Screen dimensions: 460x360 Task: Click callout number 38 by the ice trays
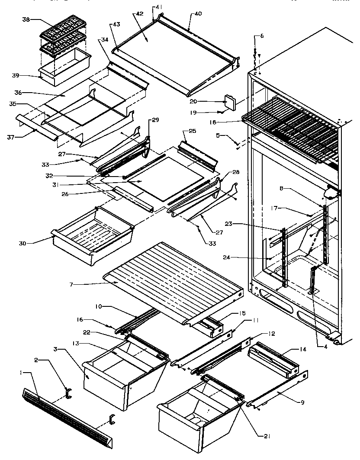pyautogui.click(x=26, y=20)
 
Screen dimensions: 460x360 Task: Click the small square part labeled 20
pyautogui.click(x=231, y=103)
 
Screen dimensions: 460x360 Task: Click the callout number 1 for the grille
pyautogui.click(x=20, y=373)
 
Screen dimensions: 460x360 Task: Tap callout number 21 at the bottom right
pyautogui.click(x=266, y=437)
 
